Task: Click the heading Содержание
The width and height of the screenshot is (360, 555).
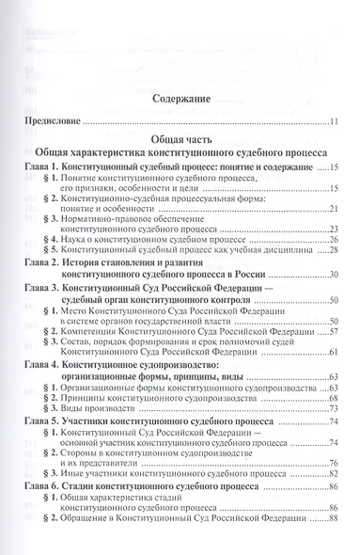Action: [179, 97]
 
